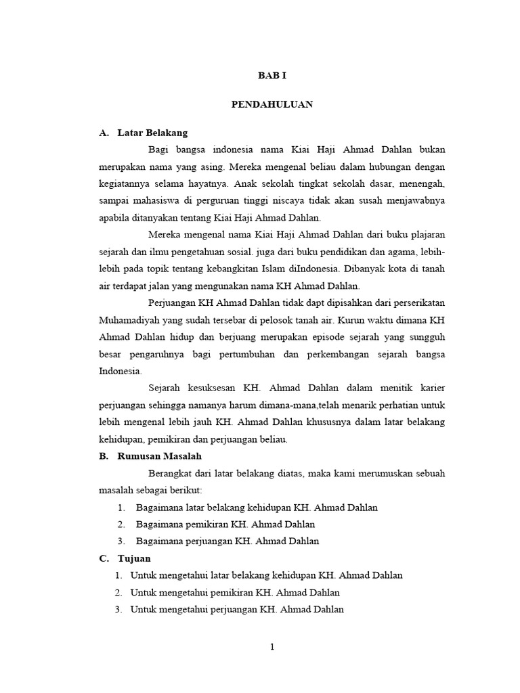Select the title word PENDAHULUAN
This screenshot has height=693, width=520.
tap(272, 105)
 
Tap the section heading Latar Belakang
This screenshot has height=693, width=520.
tap(152, 133)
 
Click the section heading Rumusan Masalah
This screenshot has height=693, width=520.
tap(160, 456)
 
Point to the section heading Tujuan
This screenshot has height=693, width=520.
tap(134, 558)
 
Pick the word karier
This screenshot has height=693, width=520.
tap(431, 388)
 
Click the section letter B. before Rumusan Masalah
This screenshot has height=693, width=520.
tap(103, 456)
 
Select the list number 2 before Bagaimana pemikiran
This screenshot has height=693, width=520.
tap(121, 524)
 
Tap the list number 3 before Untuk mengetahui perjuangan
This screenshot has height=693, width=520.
tap(118, 610)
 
